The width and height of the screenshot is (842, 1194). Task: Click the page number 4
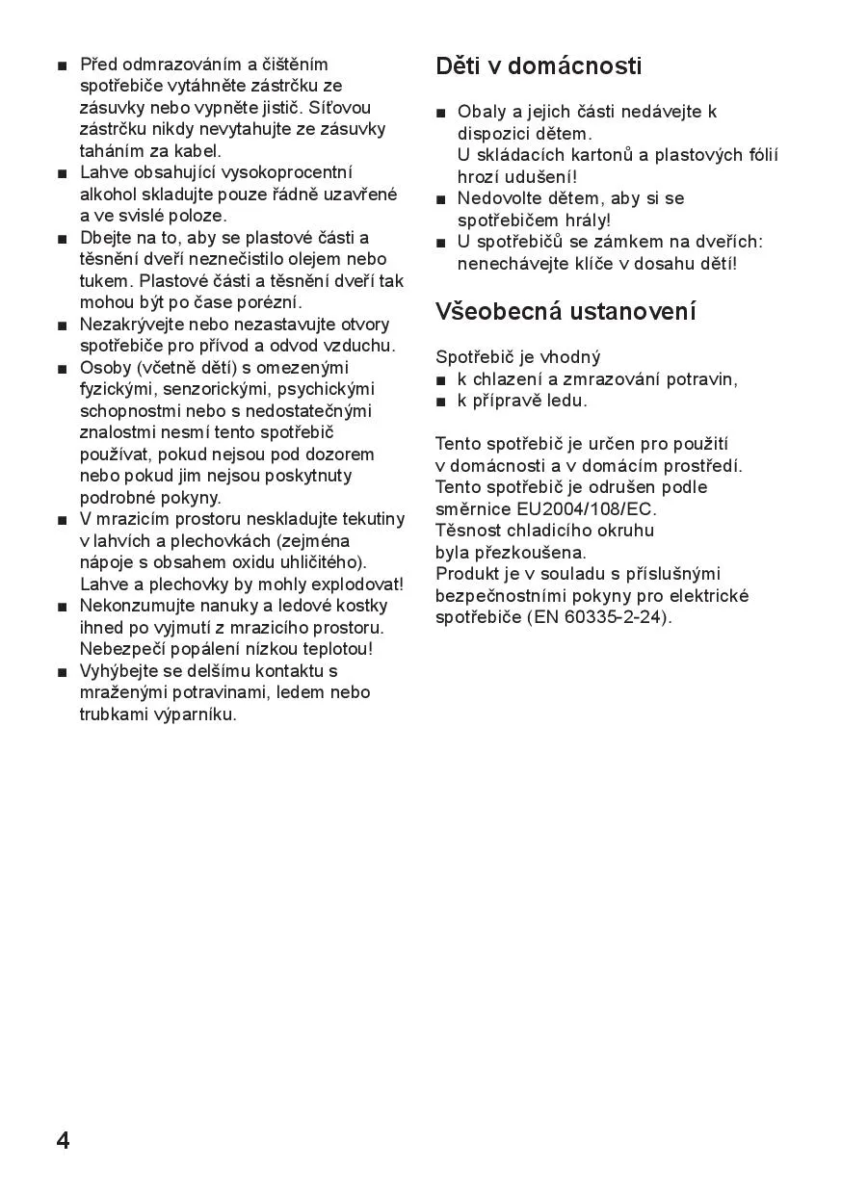pyautogui.click(x=63, y=1141)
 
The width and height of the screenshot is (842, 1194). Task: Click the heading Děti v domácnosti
pyautogui.click(x=539, y=66)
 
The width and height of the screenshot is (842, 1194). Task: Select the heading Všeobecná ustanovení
pyautogui.click(x=566, y=312)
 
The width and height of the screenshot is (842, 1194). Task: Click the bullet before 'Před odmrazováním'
pyautogui.click(x=63, y=65)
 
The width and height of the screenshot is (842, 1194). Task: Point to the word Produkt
pyautogui.click(x=467, y=574)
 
